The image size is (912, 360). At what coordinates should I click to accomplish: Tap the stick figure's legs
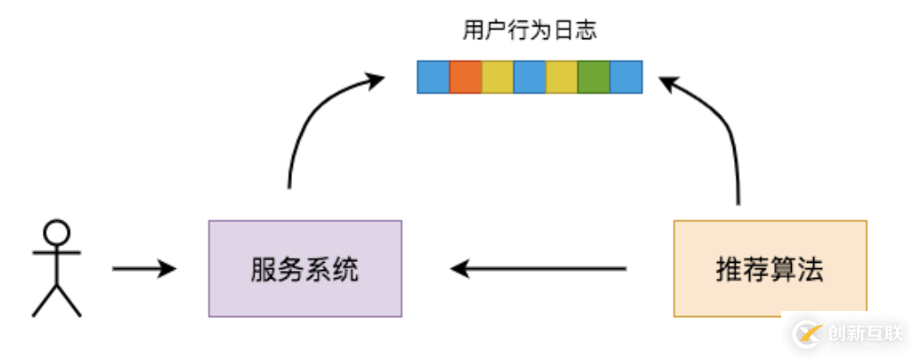click(x=57, y=299)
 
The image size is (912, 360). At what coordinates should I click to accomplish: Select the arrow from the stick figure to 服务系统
click(x=142, y=268)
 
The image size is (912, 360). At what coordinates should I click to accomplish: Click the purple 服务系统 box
click(x=305, y=268)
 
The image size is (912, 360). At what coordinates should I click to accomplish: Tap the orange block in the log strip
click(x=466, y=78)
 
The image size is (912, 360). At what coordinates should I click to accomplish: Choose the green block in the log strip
click(x=594, y=78)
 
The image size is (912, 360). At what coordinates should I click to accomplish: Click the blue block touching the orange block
click(x=434, y=78)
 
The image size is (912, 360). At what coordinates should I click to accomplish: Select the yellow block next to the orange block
click(x=498, y=78)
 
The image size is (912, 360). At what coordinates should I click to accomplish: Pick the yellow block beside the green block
click(x=562, y=78)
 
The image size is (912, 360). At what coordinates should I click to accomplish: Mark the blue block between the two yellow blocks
click(x=530, y=78)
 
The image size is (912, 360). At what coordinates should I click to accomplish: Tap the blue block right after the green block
click(x=626, y=78)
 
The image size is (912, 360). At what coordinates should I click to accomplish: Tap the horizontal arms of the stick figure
click(x=57, y=253)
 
